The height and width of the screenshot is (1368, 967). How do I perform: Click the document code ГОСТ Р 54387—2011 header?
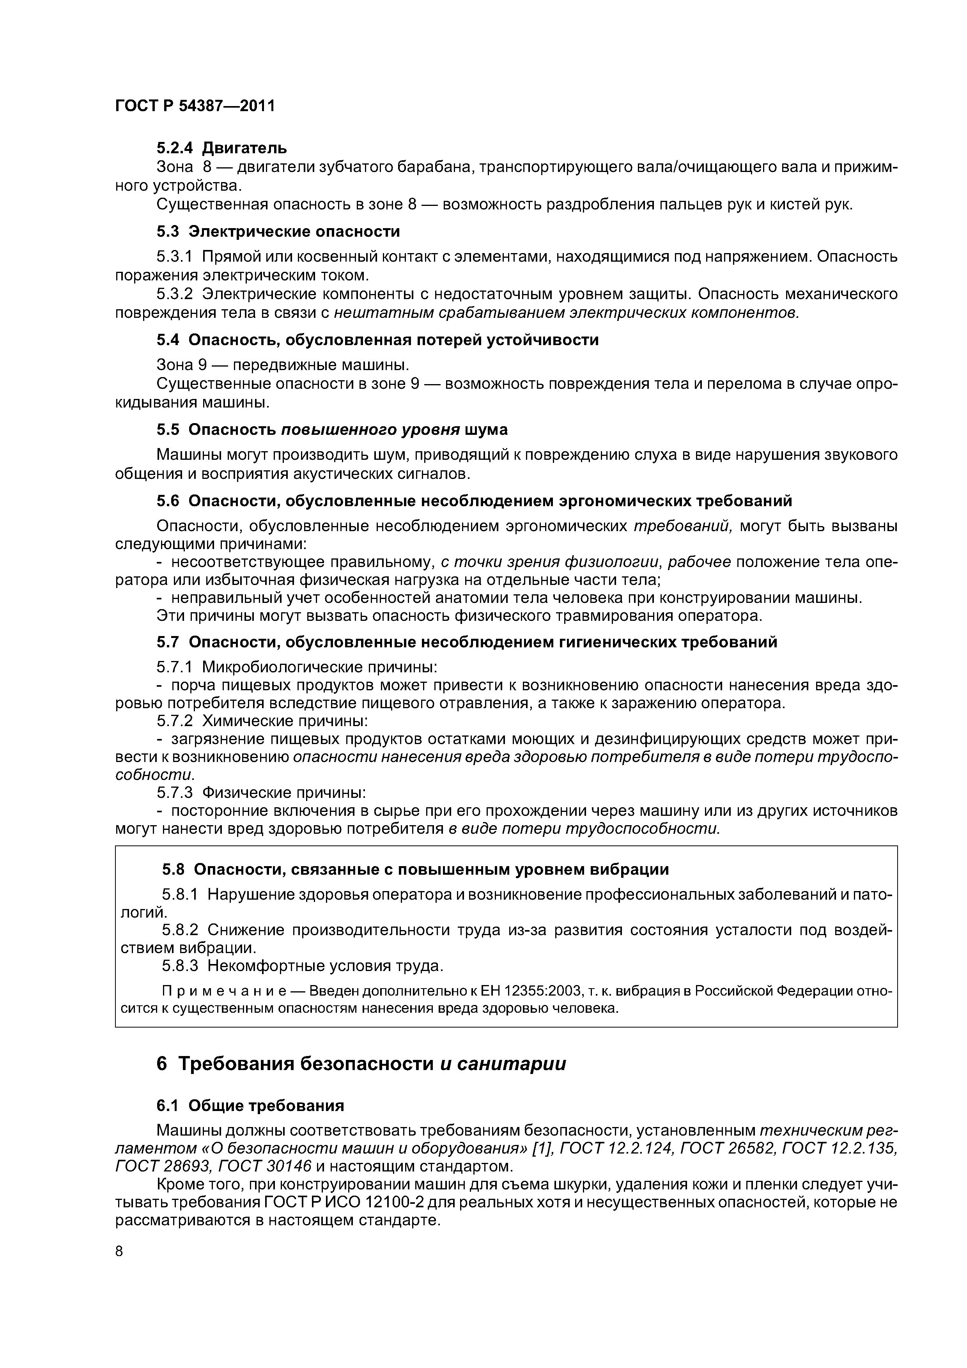coord(195,106)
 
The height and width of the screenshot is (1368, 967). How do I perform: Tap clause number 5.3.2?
coord(175,294)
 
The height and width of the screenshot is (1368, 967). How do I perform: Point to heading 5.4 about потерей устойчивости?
coord(377,340)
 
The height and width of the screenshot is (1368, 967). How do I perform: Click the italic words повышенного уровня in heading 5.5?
coord(370,430)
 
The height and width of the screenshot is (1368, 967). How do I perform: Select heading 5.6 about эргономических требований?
coord(474,501)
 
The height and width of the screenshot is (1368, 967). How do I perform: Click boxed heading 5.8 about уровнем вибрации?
coord(415,869)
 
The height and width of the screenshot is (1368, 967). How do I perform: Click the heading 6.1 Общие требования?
coord(250,1106)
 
